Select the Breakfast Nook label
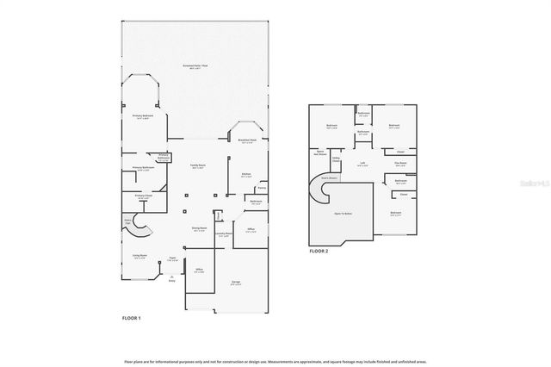click(x=247, y=142)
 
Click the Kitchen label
click(x=245, y=175)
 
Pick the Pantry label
click(x=261, y=187)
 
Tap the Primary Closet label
click(x=143, y=196)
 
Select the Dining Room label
click(x=199, y=229)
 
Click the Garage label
click(x=235, y=282)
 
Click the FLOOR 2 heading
click(x=319, y=251)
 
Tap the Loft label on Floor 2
click(x=363, y=165)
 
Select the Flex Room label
click(x=400, y=163)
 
